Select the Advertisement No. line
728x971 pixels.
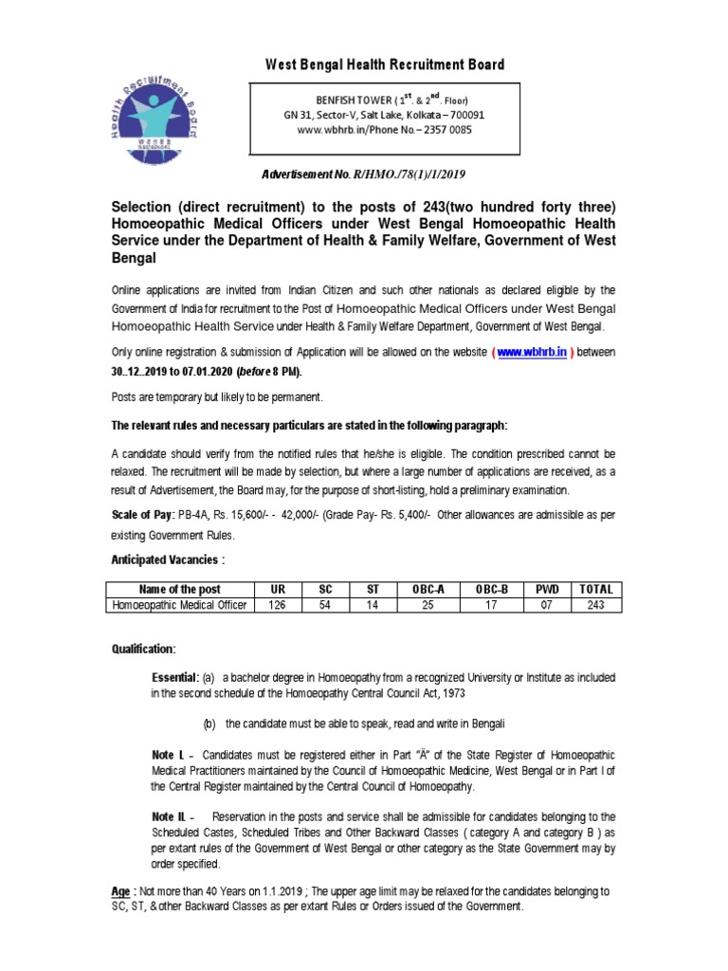[x=364, y=174]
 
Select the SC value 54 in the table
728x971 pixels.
[x=325, y=604]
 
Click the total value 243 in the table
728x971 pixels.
[x=596, y=604]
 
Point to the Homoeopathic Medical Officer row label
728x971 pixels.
[x=180, y=604]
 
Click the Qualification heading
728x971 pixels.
[x=144, y=649]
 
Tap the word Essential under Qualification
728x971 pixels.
[x=173, y=678]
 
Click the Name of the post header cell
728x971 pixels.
[x=180, y=589]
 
